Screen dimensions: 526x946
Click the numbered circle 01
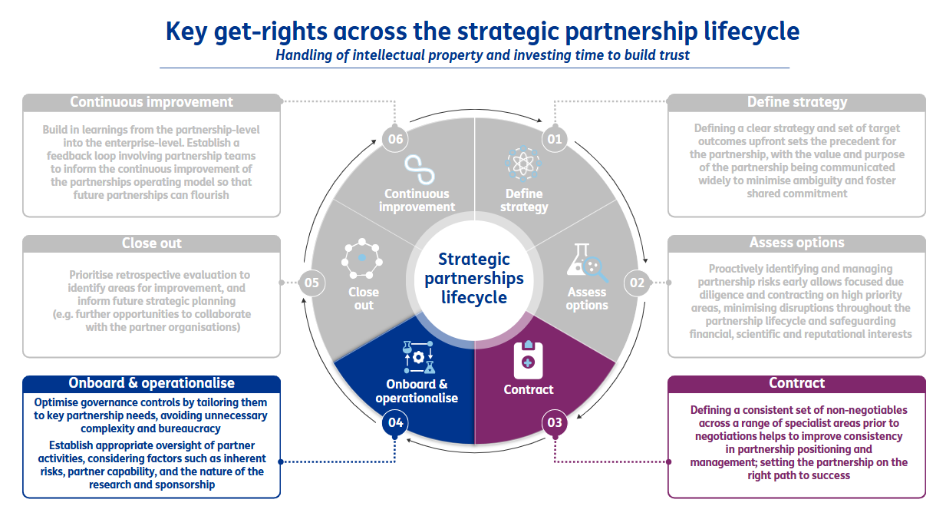tap(553, 140)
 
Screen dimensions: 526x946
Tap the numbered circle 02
tap(638, 283)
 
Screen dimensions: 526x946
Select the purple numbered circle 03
tap(553, 422)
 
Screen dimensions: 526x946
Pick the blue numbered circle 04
tap(395, 422)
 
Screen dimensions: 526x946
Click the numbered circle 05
tap(311, 283)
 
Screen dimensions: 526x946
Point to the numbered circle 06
tap(395, 140)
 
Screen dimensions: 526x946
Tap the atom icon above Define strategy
tap(524, 164)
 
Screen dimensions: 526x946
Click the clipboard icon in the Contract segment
tap(527, 356)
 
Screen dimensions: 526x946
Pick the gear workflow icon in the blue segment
tap(417, 356)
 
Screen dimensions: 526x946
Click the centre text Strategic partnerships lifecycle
tap(474, 278)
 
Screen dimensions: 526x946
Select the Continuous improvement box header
tap(151, 102)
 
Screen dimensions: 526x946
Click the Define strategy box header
tap(796, 102)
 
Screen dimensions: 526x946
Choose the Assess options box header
tap(796, 243)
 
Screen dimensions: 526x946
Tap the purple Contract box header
tap(796, 383)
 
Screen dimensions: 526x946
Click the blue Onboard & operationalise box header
tap(151, 383)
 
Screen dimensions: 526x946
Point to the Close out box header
tap(151, 243)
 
